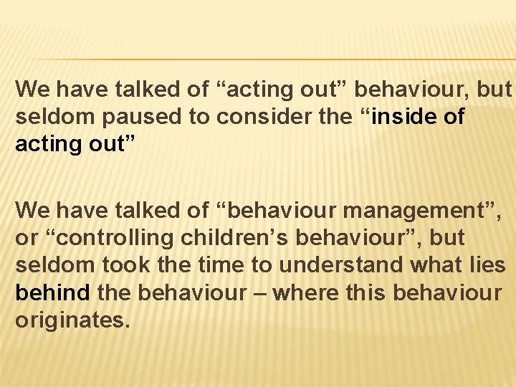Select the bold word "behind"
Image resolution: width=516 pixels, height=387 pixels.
click(52, 292)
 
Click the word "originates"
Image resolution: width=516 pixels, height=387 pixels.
click(72, 320)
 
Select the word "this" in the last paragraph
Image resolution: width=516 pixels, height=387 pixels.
click(370, 292)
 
